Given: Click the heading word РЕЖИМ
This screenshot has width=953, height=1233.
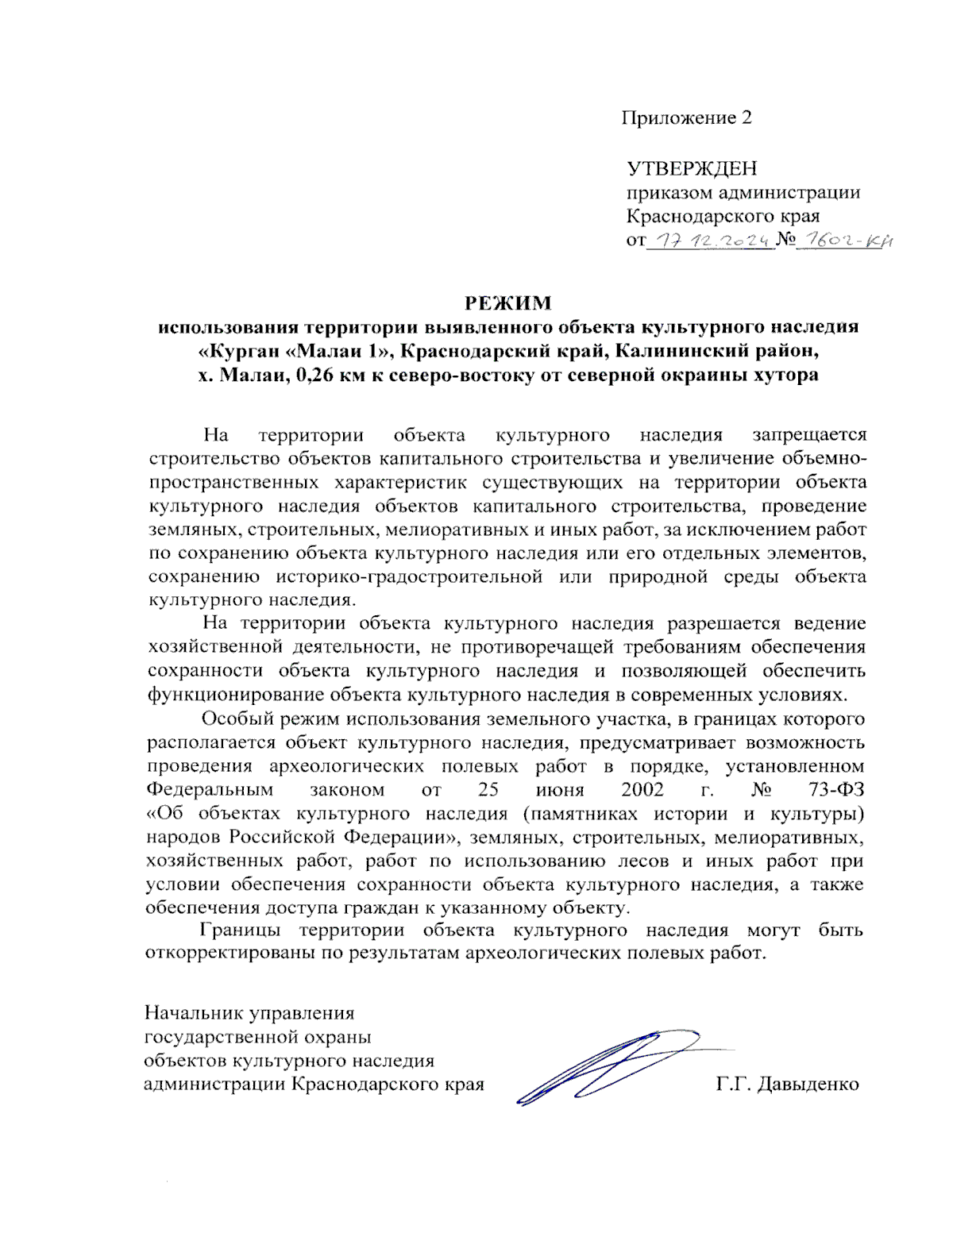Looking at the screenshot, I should click(507, 302).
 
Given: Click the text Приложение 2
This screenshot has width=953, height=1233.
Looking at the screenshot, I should click(686, 118).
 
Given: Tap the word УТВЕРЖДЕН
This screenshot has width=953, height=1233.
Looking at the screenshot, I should click(692, 168).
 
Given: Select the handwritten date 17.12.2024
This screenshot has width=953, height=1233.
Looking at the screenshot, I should click(711, 239).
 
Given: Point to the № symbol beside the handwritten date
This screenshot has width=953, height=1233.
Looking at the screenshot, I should click(785, 239).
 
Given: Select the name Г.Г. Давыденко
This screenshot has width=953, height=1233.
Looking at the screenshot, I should click(787, 1084).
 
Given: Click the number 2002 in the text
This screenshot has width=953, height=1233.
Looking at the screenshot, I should click(642, 790).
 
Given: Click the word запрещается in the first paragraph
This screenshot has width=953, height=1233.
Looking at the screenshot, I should click(809, 434).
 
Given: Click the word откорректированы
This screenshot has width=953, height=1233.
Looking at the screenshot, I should click(230, 953).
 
